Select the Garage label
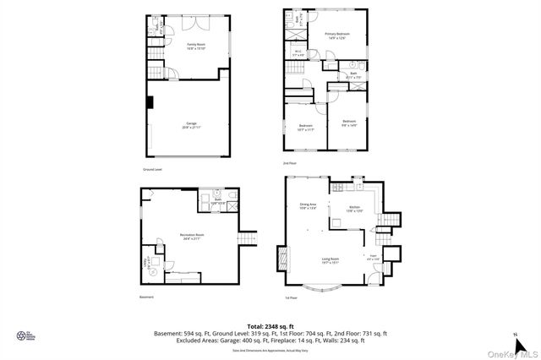tap(191, 125)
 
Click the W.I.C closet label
tap(298, 53)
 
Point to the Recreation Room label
tap(191, 237)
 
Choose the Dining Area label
tap(308, 205)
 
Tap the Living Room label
tap(330, 260)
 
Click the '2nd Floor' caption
tap(290, 162)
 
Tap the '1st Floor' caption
tap(291, 298)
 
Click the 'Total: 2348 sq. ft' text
tap(270, 325)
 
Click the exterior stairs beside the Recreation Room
tap(247, 241)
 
